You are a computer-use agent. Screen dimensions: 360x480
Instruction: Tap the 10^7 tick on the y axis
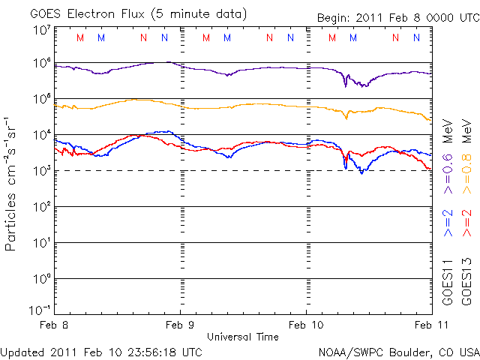(x=41, y=30)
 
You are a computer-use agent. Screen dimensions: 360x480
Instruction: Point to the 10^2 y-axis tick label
(x=41, y=207)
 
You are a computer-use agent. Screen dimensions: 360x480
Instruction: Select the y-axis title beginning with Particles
(x=13, y=182)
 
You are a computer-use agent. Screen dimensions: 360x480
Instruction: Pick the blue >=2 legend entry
(x=448, y=223)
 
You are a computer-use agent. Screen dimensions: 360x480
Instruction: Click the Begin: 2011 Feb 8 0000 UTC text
(x=397, y=16)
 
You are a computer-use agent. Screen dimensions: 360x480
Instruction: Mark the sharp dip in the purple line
(x=346, y=85)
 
